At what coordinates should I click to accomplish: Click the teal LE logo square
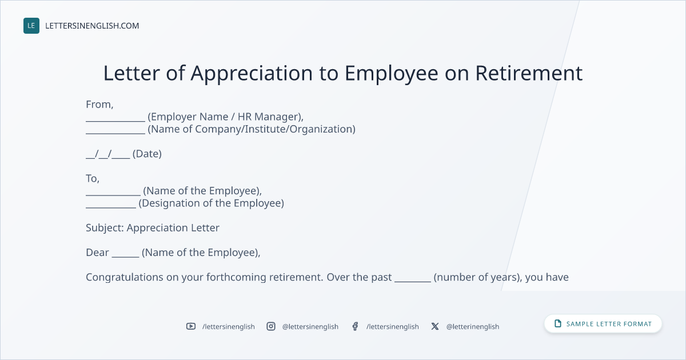coord(31,26)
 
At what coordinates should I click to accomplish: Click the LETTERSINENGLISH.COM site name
coord(92,26)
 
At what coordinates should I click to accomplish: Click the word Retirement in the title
coord(529,73)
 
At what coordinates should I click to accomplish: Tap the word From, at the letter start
coord(99,105)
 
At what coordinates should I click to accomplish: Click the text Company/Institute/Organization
coord(275,129)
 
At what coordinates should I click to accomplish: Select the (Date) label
coord(147,154)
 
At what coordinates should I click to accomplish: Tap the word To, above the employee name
coord(93,178)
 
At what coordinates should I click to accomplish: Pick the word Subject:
coord(105,228)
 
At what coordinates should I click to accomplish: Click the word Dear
coord(97,253)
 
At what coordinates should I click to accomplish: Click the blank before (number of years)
coord(413,281)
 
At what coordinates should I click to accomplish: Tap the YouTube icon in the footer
coord(191,326)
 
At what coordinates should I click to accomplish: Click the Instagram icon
coord(271,326)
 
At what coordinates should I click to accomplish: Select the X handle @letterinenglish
coord(473,327)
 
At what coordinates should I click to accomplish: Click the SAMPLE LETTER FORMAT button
coord(603,324)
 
